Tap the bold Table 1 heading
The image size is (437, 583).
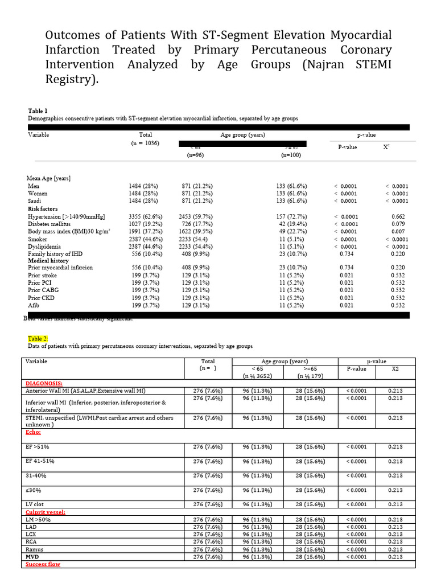(x=38, y=110)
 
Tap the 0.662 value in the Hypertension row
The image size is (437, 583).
(x=399, y=216)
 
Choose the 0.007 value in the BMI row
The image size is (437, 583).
(x=399, y=232)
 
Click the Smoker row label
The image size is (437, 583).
(x=37, y=239)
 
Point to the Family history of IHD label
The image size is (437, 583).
(x=55, y=254)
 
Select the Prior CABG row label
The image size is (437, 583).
(x=43, y=290)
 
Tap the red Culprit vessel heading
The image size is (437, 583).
(x=46, y=512)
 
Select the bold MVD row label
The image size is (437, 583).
(x=32, y=556)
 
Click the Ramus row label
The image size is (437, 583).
(x=35, y=549)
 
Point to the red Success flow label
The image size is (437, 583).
(x=43, y=564)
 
